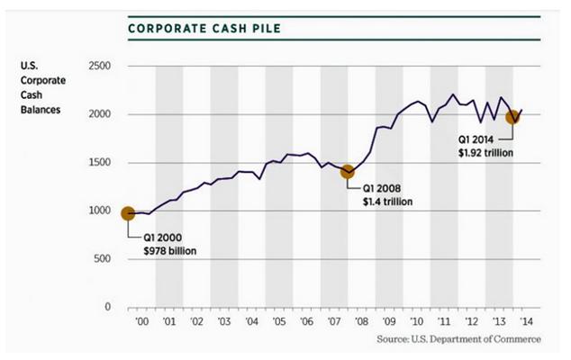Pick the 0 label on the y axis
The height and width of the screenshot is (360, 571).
coord(106,307)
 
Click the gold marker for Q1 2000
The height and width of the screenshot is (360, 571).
coord(127,213)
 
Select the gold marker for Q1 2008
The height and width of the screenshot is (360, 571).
coord(347,172)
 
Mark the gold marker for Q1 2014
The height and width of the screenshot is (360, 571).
coord(512,117)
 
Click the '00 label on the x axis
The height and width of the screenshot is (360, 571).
coord(141,321)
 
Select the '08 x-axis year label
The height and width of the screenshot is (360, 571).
coord(361,321)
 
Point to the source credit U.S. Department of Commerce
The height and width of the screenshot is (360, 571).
coord(460,339)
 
